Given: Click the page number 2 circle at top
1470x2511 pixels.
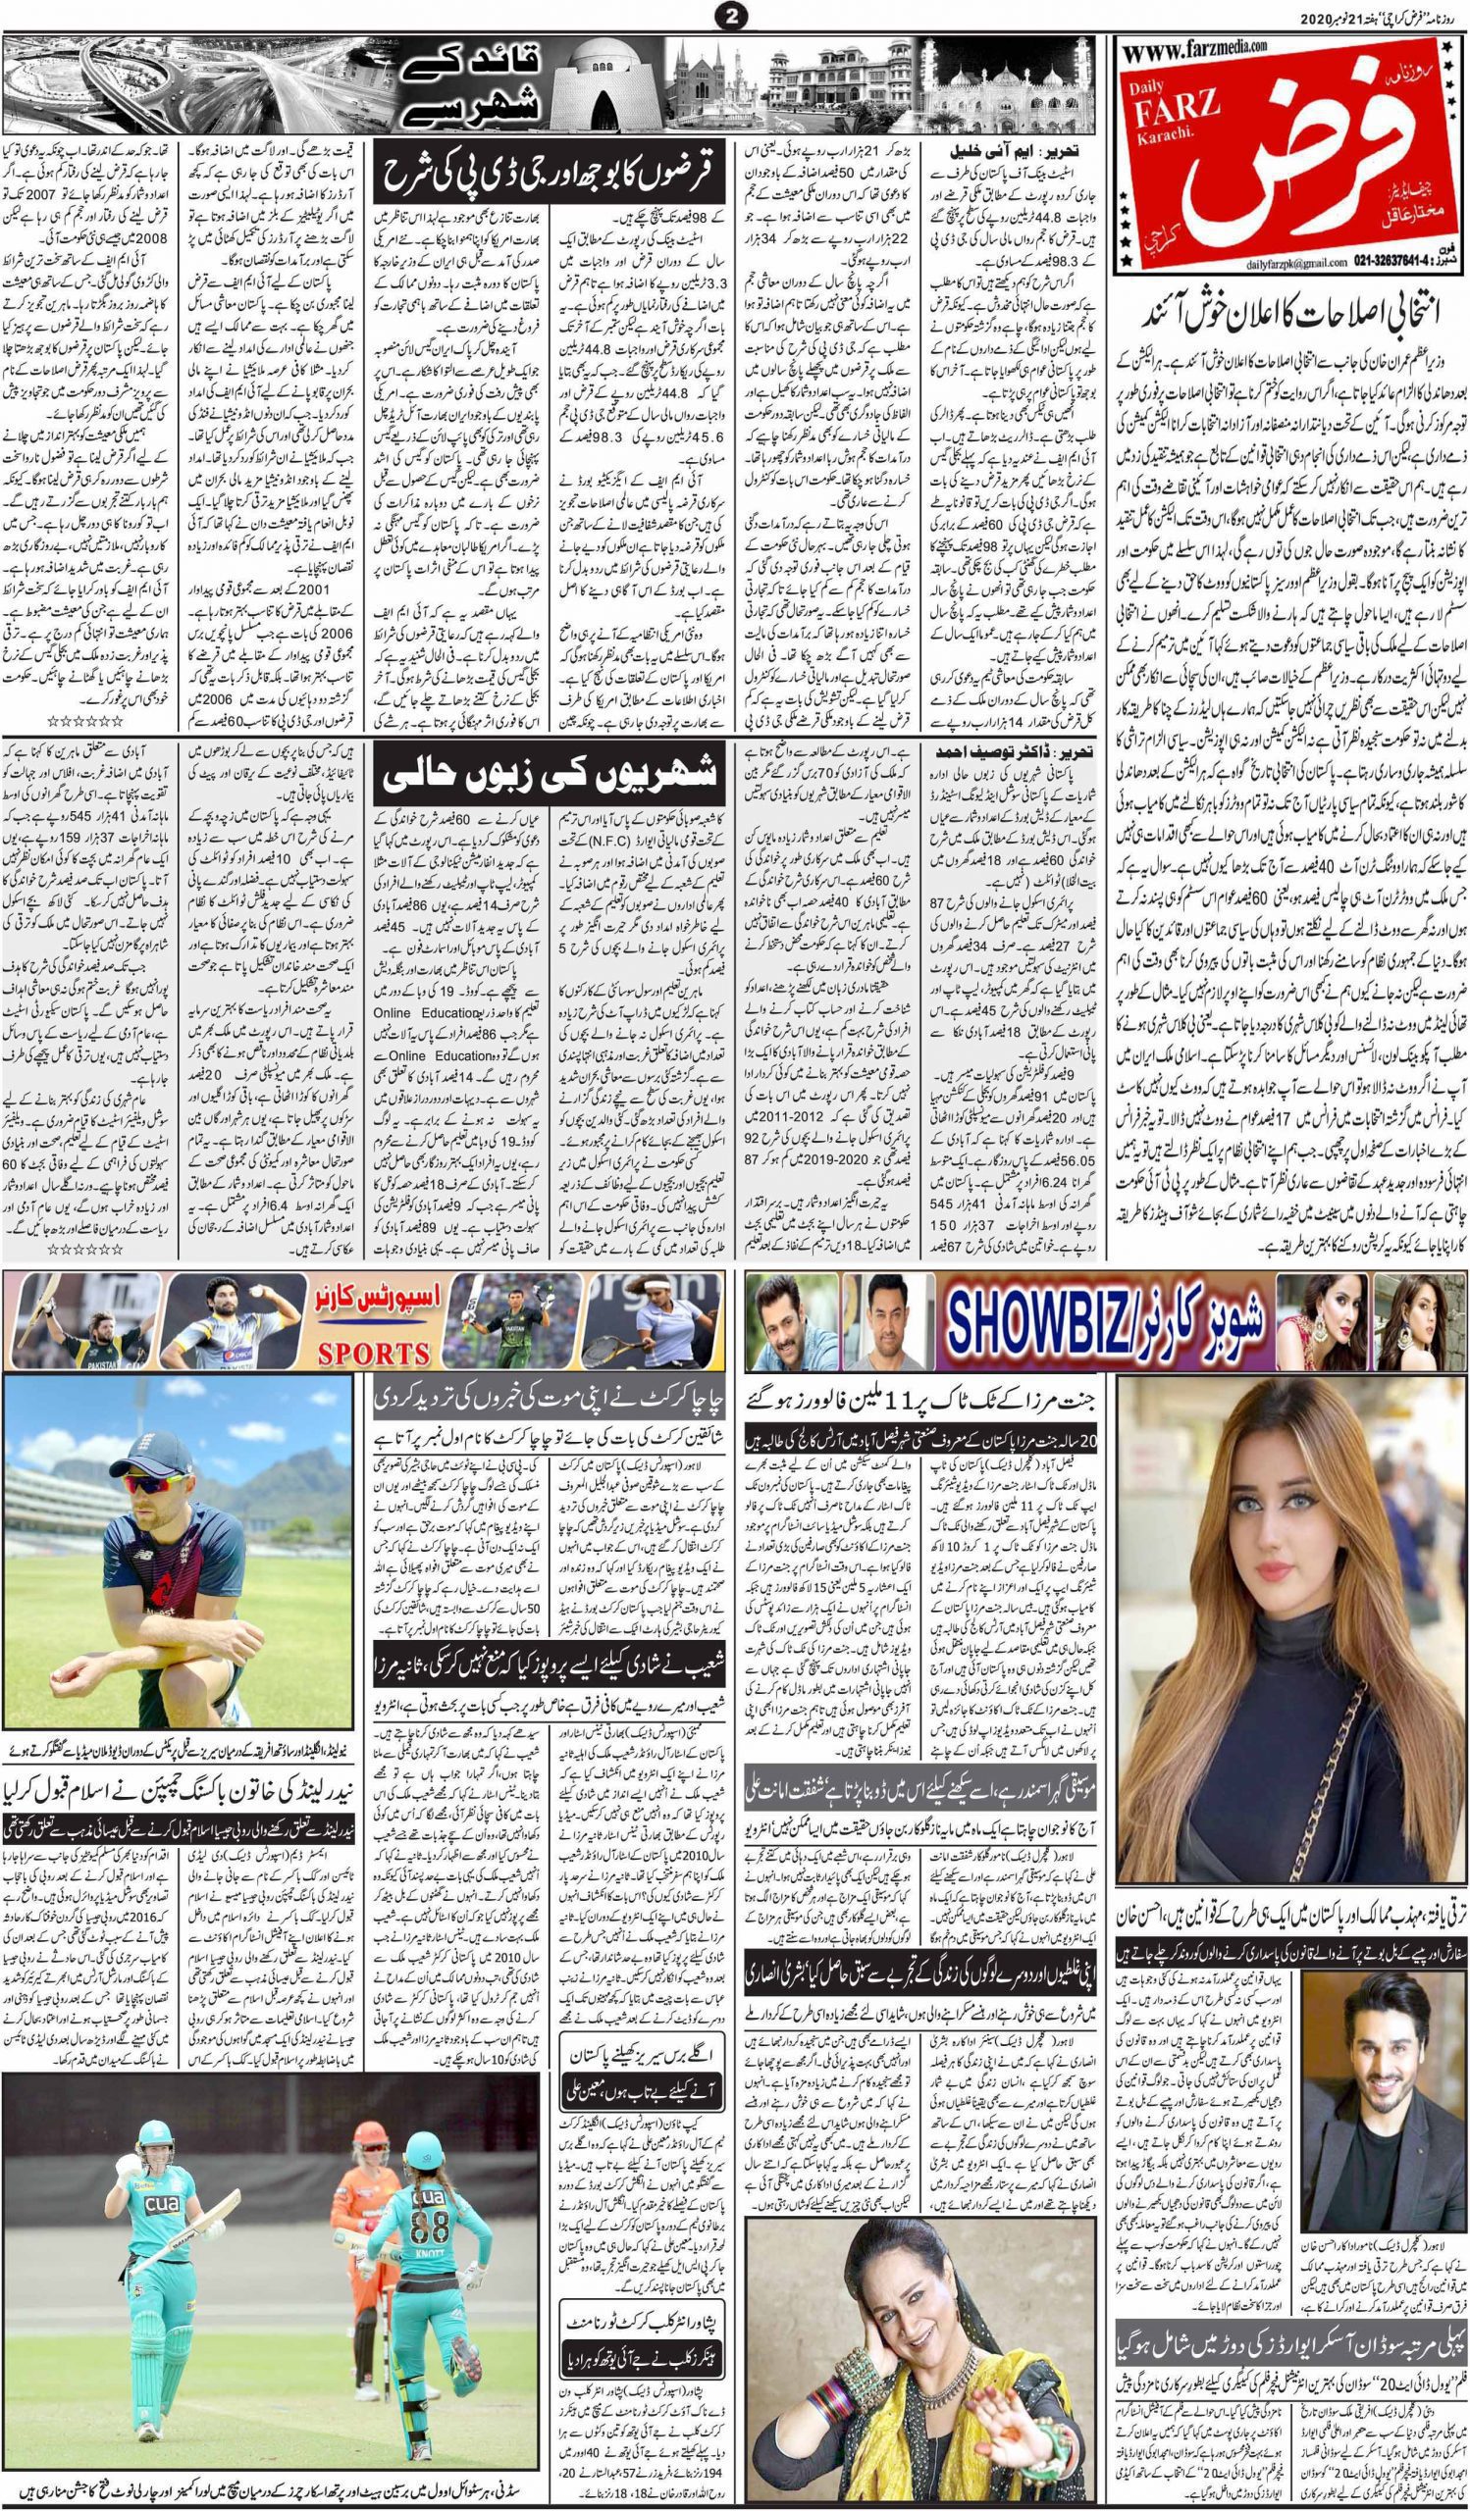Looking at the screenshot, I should tap(733, 17).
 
